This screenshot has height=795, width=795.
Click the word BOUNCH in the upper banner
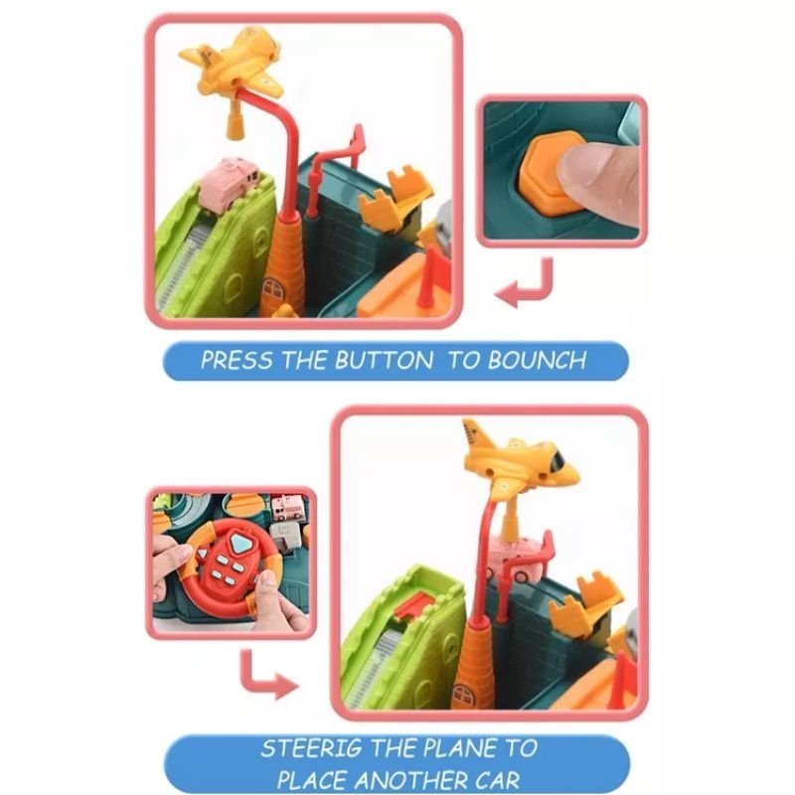(x=538, y=360)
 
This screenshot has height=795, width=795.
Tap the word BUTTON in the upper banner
(x=384, y=360)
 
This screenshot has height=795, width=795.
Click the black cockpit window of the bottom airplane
(x=557, y=460)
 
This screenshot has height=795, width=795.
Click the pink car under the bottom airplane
(x=516, y=559)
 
